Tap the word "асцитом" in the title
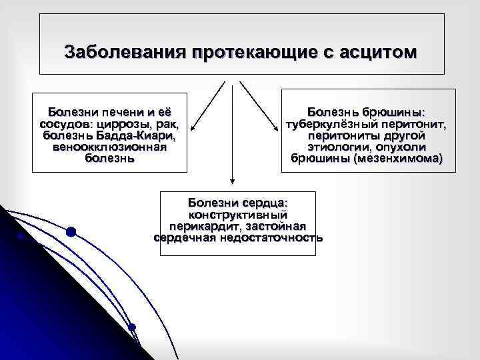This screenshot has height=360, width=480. coord(379,51)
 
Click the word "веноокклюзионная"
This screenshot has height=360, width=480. coord(109,147)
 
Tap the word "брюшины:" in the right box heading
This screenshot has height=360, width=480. coord(396,112)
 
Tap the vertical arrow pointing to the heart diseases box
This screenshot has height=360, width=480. coord(232,133)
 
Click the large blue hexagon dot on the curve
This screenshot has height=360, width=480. coord(71,232)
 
